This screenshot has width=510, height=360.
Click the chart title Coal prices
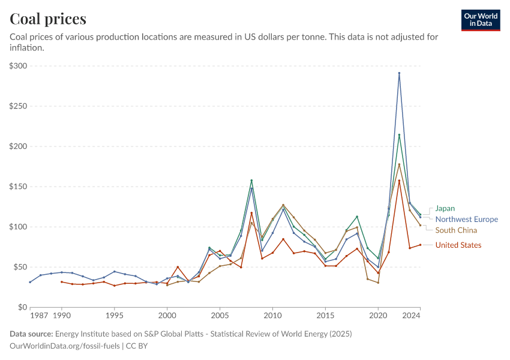[x=48, y=19]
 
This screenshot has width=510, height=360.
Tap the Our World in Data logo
[x=481, y=20]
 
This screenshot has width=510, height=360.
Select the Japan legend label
[x=445, y=209]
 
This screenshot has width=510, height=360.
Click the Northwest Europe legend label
[x=466, y=220]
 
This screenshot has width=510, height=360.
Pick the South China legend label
[x=456, y=230]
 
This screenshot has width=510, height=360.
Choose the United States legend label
[x=458, y=245]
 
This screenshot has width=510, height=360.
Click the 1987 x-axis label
[x=40, y=315]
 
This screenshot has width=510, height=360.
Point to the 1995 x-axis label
[x=114, y=315]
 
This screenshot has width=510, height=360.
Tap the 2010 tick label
[x=272, y=315]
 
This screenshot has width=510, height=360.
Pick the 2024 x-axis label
[x=412, y=315]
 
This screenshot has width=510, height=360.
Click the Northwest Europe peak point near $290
[x=399, y=73]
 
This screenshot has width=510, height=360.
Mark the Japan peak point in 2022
[x=399, y=135]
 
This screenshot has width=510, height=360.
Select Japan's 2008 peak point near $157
[x=251, y=181]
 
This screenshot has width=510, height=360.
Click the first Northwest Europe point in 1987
[x=30, y=282]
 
